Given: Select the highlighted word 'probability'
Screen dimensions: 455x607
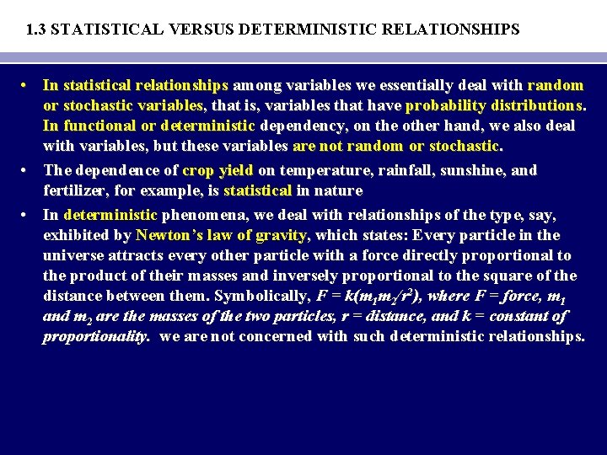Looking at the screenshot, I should tap(443, 106).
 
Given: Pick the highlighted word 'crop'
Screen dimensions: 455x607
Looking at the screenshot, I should tap(198, 170).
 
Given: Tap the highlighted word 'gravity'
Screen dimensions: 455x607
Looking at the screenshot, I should tap(282, 235).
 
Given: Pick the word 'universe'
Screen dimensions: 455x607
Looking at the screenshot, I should tap(74, 255).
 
